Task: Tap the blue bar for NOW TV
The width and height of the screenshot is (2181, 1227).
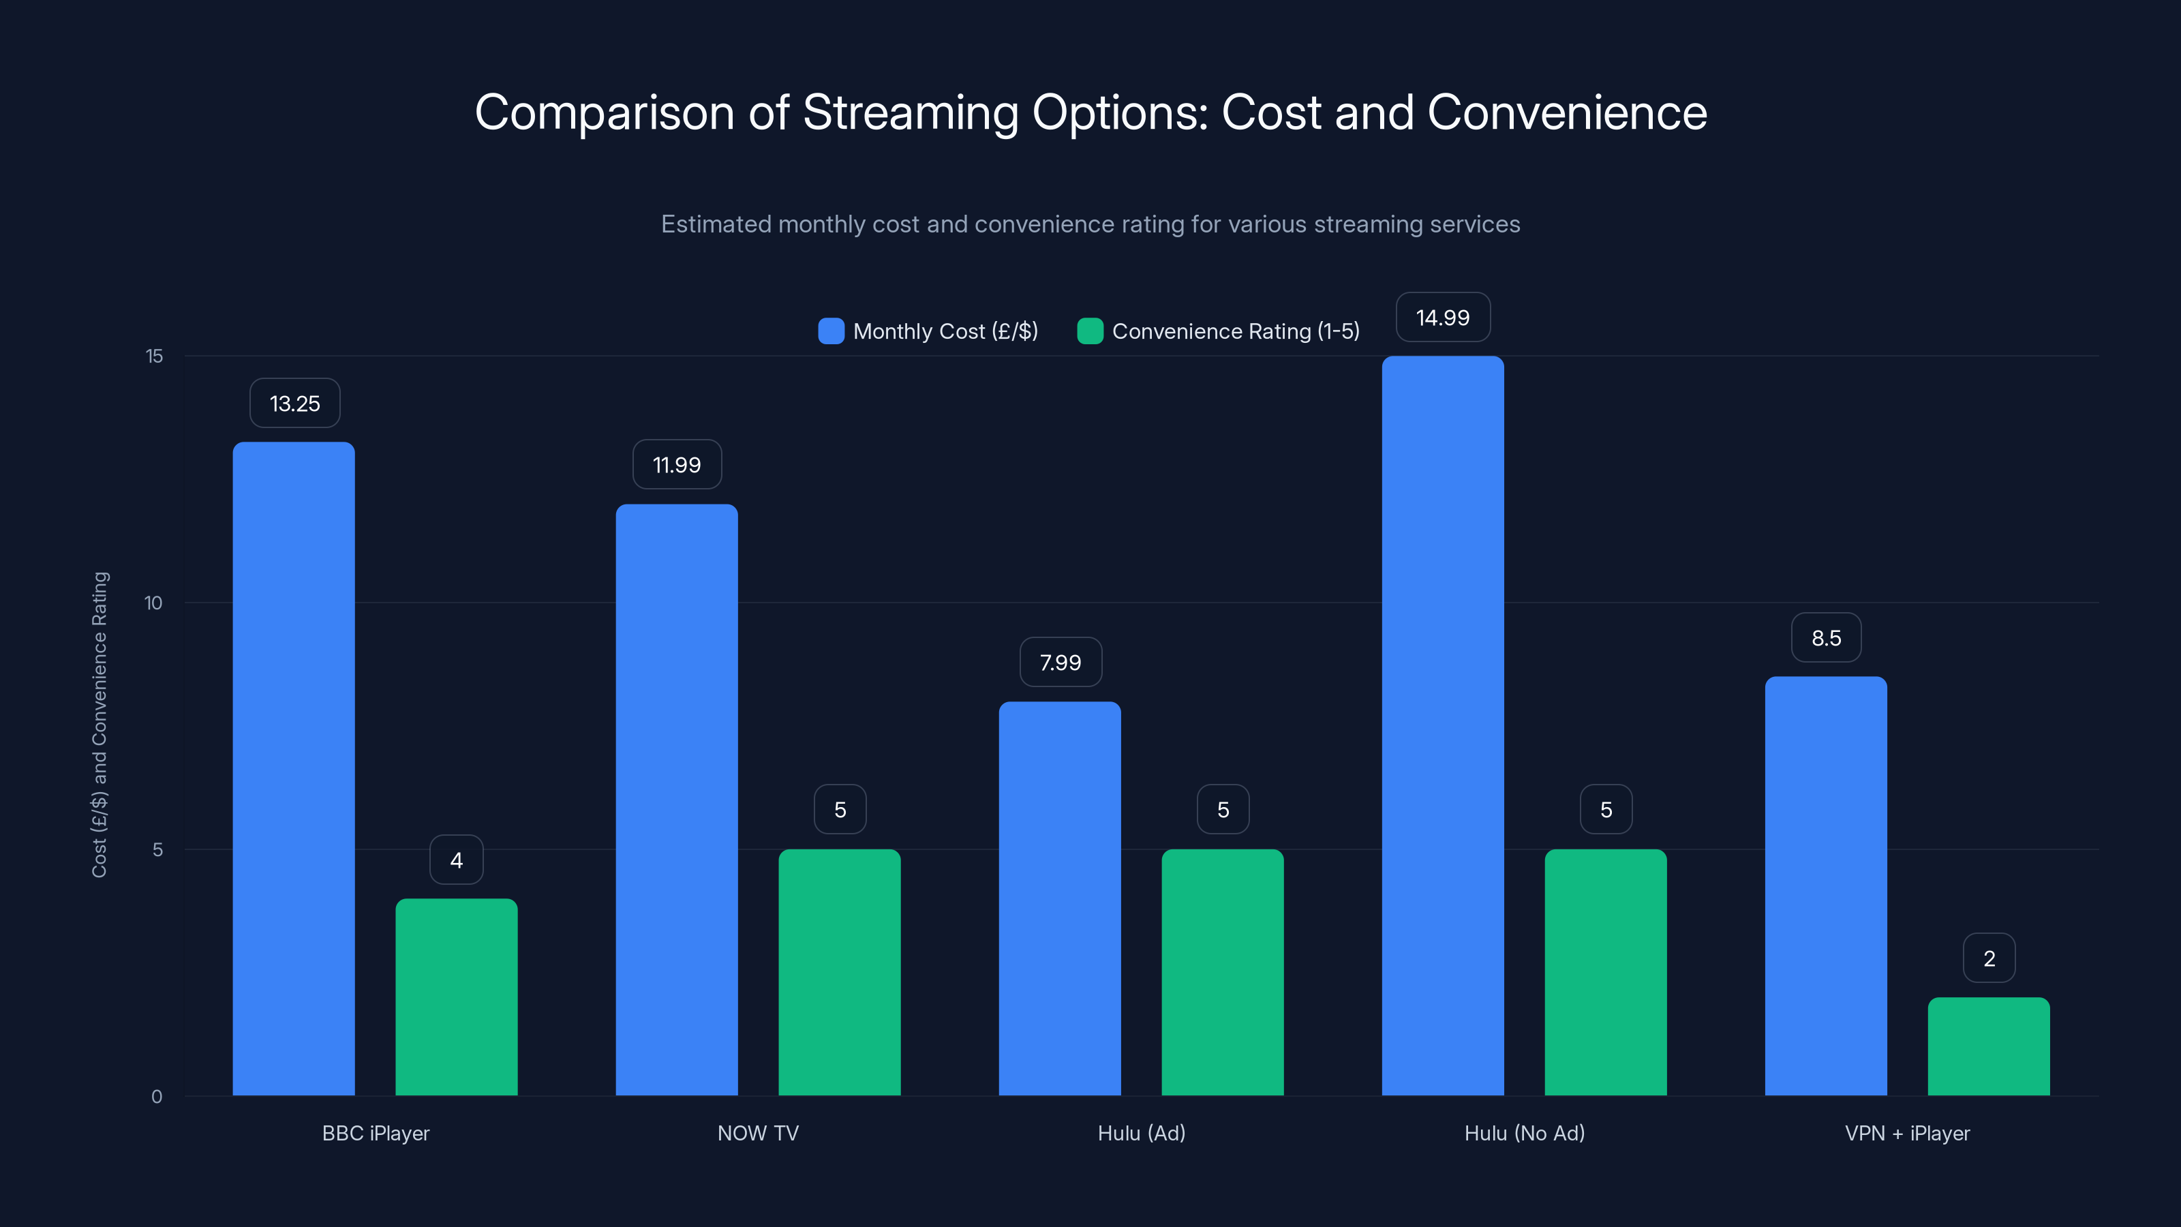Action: tap(677, 800)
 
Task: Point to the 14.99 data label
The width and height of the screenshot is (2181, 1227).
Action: tap(1443, 318)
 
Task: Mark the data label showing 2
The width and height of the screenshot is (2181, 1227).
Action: tap(1989, 958)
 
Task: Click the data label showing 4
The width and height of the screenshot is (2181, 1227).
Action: tap(457, 860)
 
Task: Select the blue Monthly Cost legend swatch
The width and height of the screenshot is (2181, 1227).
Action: tap(831, 331)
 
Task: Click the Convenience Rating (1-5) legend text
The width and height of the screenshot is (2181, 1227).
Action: tap(1235, 331)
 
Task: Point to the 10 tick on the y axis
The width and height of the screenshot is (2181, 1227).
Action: tap(153, 603)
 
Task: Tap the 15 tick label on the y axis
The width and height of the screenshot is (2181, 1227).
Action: tap(154, 356)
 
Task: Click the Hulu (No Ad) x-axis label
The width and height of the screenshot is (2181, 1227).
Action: tap(1524, 1133)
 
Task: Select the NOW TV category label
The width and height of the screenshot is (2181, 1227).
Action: tap(758, 1133)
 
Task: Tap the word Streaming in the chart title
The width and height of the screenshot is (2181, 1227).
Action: tap(910, 112)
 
